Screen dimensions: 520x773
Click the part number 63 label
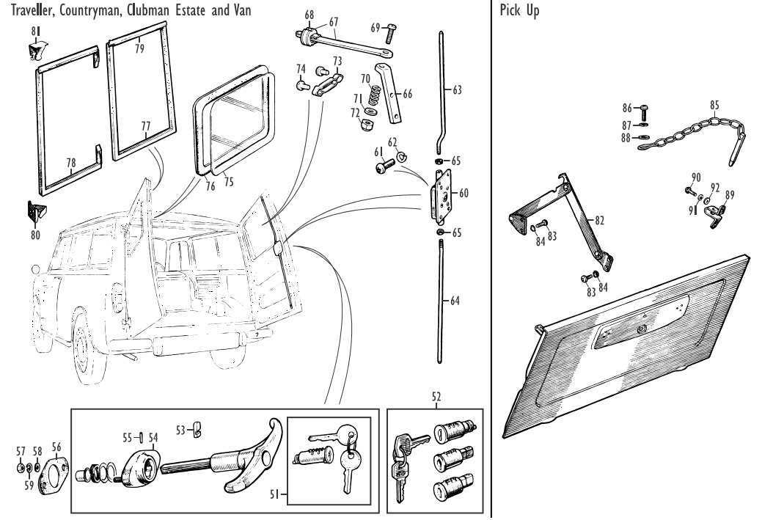[457, 91]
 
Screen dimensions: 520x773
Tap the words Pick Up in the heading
[518, 12]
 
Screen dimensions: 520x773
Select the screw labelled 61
[384, 168]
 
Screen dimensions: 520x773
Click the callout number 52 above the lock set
[436, 397]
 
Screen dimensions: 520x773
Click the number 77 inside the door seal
[145, 126]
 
